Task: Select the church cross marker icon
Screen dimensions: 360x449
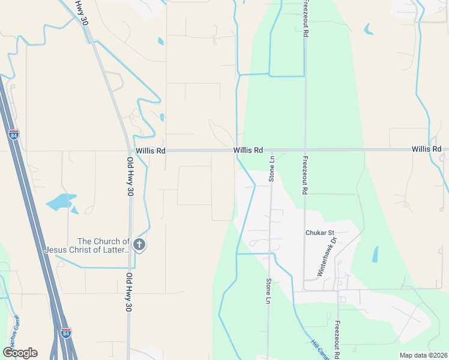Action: [139, 245]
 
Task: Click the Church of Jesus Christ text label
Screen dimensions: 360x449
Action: [87, 245]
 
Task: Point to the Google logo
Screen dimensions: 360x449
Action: [20, 353]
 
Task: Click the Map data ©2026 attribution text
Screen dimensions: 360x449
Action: [423, 355]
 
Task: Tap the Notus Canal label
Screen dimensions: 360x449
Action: [12, 334]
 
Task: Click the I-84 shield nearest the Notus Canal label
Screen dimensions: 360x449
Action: [66, 332]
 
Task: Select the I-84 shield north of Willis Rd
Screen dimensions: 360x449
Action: [13, 134]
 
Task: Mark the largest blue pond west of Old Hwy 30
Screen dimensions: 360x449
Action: [60, 201]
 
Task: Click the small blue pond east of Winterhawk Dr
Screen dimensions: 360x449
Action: [375, 254]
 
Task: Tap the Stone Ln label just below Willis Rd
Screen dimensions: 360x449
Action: [271, 169]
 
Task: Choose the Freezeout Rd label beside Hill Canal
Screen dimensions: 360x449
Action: [337, 338]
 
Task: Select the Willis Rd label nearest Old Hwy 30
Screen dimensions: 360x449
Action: [150, 151]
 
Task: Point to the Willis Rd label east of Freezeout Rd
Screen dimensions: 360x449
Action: [426, 149]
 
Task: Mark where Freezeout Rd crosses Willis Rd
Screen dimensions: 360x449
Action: [305, 149]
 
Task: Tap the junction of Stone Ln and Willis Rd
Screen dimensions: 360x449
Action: [271, 150]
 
